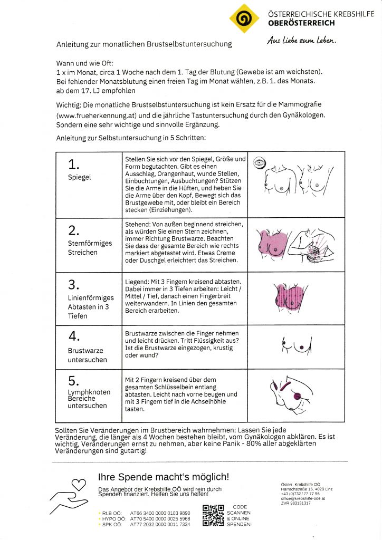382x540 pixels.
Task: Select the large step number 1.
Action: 73,165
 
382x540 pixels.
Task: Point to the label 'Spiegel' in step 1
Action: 79,177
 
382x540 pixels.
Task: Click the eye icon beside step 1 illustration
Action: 259,163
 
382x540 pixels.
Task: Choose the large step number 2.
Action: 73,230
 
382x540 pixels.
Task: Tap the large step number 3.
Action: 73,285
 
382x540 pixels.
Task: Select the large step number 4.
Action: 73,336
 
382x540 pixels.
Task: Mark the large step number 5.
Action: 73,381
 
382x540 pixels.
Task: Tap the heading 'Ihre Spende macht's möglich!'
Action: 164,477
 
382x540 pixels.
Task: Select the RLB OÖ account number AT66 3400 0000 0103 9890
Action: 160,512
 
